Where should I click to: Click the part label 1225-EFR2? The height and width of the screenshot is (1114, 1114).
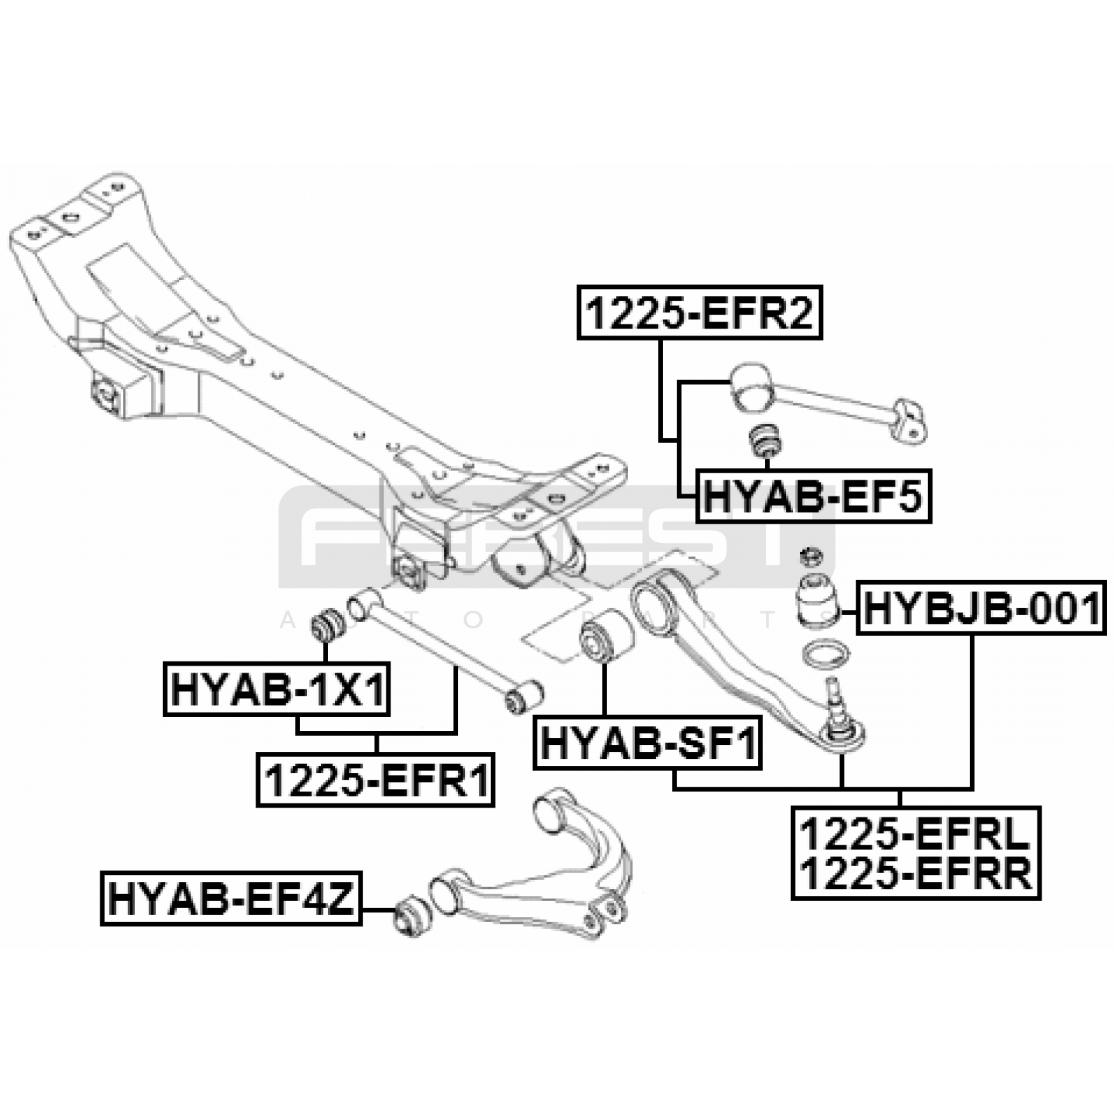700,312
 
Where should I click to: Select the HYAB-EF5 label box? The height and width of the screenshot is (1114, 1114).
813,496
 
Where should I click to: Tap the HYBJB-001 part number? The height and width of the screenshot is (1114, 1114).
982,608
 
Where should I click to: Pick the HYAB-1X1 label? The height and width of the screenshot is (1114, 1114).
277,689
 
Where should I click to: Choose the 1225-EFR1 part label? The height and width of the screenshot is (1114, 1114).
375,780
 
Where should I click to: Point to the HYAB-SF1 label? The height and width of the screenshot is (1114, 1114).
648,742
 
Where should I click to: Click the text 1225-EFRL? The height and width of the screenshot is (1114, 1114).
915,834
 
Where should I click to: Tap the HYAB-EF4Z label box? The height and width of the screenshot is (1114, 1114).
231,898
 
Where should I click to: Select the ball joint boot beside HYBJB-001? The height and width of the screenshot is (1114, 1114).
817,598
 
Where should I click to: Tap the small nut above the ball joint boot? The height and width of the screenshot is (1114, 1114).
811,556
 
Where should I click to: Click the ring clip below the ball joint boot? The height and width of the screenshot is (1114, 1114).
826,655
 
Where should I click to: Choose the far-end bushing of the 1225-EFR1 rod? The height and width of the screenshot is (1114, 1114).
524,695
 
